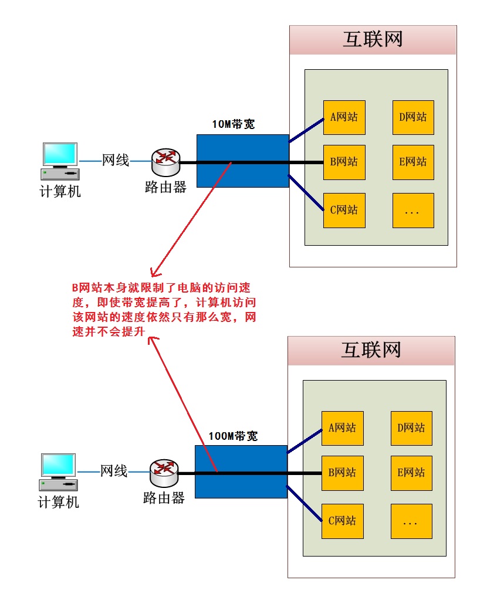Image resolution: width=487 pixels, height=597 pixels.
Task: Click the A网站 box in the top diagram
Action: pos(344,117)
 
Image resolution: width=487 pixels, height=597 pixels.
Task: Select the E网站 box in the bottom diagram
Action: pos(411,473)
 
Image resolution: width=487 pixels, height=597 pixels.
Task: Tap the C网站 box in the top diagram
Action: pos(344,210)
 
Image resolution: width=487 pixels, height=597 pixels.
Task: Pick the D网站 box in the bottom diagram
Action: pos(411,428)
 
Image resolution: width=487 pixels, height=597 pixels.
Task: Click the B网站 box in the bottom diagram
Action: pos(343,473)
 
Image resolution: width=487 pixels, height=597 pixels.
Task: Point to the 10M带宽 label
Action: pos(234,125)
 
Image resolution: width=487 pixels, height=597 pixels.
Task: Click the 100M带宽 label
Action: pos(233,436)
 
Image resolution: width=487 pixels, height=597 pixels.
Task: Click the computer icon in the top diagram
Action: pos(60,161)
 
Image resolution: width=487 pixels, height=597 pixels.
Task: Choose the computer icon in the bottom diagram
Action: pos(59,472)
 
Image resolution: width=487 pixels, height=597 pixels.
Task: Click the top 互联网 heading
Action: pos(373,40)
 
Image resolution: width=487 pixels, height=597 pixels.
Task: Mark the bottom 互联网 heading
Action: pos(371,351)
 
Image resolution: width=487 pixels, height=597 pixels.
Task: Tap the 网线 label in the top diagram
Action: pos(116,160)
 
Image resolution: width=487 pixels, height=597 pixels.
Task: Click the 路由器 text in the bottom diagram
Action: pos(164,498)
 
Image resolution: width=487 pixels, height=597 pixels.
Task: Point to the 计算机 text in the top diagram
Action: pos(60,192)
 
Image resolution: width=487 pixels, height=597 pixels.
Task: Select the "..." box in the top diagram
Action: pos(413,211)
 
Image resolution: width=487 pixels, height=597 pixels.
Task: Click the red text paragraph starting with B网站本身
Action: pos(164,310)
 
